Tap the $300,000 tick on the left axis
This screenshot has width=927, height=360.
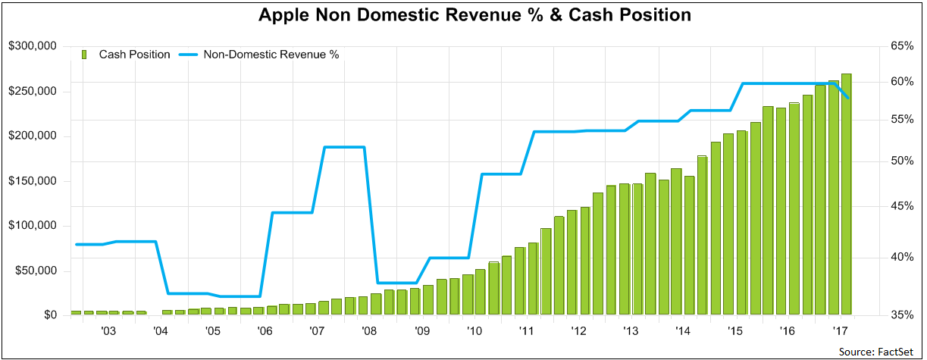click(33, 47)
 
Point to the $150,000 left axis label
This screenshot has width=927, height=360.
click(33, 181)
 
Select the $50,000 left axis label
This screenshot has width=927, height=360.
click(36, 271)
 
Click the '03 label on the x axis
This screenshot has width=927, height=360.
click(108, 331)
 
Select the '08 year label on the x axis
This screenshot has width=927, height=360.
click(369, 331)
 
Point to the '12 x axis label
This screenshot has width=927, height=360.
click(578, 331)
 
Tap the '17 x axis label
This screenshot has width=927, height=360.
click(840, 331)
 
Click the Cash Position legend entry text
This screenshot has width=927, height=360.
click(134, 55)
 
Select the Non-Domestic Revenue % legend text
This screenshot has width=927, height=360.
click(271, 55)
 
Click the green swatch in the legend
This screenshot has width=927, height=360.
click(85, 55)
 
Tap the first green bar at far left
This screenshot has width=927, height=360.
click(76, 312)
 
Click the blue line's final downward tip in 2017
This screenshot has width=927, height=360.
click(847, 98)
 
